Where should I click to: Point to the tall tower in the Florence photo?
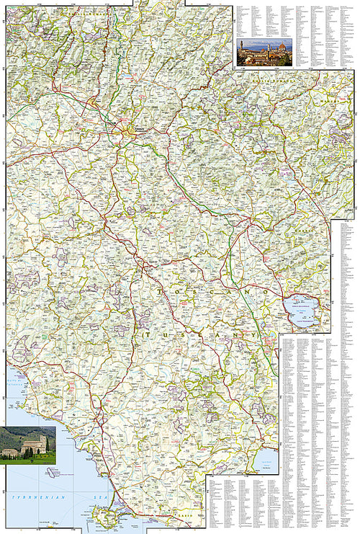[x=242, y=48]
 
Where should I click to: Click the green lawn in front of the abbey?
[x=29, y=458]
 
